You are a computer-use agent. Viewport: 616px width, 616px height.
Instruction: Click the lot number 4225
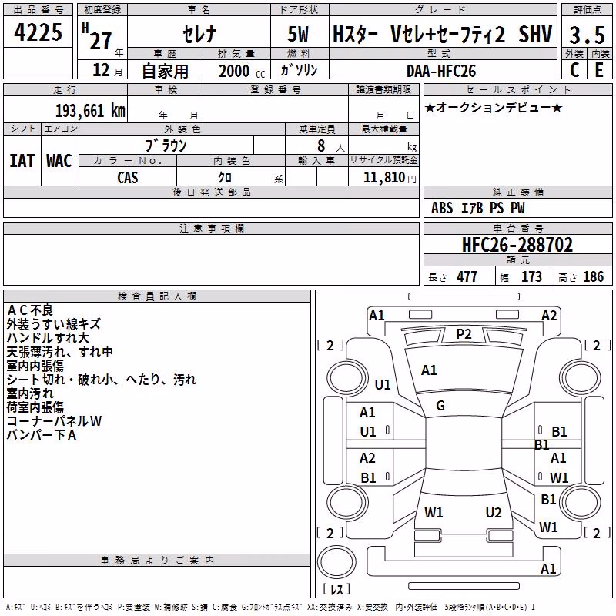coord(38,32)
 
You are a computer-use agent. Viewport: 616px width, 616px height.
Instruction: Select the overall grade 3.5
coord(587,35)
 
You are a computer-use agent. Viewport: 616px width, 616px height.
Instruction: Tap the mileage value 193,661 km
coord(90,111)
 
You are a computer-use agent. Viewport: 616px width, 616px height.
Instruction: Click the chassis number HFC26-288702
coord(517,244)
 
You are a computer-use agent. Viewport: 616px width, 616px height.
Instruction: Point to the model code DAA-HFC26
coord(441,71)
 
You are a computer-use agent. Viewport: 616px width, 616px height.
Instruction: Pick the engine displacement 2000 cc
coord(242,71)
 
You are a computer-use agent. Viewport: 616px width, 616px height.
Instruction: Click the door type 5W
coord(298,34)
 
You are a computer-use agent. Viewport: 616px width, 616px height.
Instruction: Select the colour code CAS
coord(128,178)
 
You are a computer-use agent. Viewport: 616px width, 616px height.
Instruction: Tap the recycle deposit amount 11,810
coord(383,178)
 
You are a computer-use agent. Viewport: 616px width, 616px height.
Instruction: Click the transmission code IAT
coord(22,161)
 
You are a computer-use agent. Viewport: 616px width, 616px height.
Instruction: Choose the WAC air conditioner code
coord(59,161)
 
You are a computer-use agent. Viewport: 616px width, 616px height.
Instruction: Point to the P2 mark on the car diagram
coord(464,334)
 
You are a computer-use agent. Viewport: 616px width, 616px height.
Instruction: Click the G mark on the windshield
coord(440,406)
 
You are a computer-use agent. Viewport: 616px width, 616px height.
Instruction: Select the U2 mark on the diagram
coord(494,512)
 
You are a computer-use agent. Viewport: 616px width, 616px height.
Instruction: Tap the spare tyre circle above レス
coord(336,561)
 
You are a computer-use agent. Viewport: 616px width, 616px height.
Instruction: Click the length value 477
coord(467,277)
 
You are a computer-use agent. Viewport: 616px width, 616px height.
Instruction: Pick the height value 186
coord(593,277)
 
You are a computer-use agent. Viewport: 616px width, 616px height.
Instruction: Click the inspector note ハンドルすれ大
coord(48,338)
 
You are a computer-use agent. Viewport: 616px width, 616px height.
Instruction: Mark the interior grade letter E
coord(599,70)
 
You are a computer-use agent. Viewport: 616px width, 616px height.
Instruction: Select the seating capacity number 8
coord(321,146)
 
